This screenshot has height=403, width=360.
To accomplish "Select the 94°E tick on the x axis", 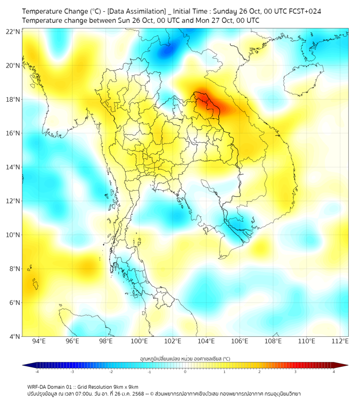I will click(x=39, y=341).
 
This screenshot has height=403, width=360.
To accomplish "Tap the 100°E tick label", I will click(x=140, y=341).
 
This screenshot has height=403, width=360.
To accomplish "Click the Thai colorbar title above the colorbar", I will click(x=185, y=358).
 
